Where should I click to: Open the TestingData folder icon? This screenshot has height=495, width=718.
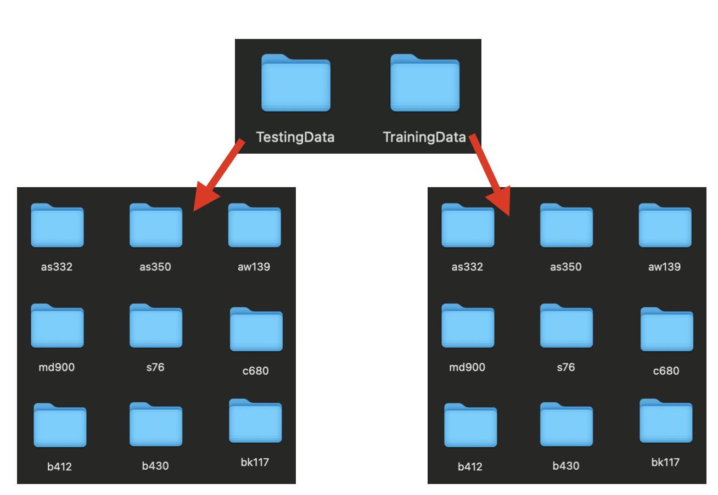296,83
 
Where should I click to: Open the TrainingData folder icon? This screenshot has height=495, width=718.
425,83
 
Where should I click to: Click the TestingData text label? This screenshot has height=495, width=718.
295,137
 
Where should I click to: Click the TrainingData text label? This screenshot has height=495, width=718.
424,137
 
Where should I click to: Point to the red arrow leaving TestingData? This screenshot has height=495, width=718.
219,175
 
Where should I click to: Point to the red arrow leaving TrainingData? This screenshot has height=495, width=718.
490,175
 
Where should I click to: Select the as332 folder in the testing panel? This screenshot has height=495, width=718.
58,225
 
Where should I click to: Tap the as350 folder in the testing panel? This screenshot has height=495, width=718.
156,225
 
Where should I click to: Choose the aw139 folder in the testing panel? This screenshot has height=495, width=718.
255,225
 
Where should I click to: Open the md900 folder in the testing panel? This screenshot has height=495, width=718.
58,325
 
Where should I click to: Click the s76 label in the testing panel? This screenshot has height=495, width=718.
155,367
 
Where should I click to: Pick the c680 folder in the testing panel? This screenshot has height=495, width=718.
256,329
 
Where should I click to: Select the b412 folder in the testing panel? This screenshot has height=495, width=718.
60,425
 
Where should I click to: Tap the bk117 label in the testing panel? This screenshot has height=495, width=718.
255,462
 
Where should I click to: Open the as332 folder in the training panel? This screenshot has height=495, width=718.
468,225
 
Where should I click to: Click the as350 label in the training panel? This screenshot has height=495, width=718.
566,267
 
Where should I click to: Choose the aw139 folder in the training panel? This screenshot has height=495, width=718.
665,225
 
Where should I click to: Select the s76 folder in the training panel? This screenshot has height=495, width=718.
566,325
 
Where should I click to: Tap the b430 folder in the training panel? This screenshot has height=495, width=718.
566,424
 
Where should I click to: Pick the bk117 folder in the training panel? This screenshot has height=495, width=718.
666,421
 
